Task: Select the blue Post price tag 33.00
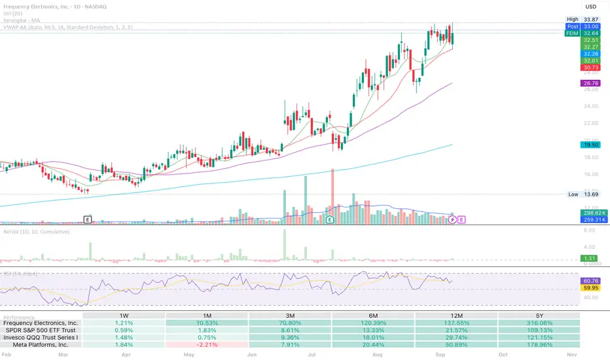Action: pyautogui.click(x=590, y=26)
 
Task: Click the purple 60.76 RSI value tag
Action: pyautogui.click(x=590, y=280)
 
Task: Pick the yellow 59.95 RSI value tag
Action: pyautogui.click(x=590, y=287)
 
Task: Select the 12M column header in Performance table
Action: pyautogui.click(x=456, y=315)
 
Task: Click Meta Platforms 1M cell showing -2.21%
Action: pyautogui.click(x=207, y=344)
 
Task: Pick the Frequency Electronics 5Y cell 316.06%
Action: pyautogui.click(x=539, y=323)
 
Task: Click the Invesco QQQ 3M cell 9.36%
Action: pyautogui.click(x=290, y=337)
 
